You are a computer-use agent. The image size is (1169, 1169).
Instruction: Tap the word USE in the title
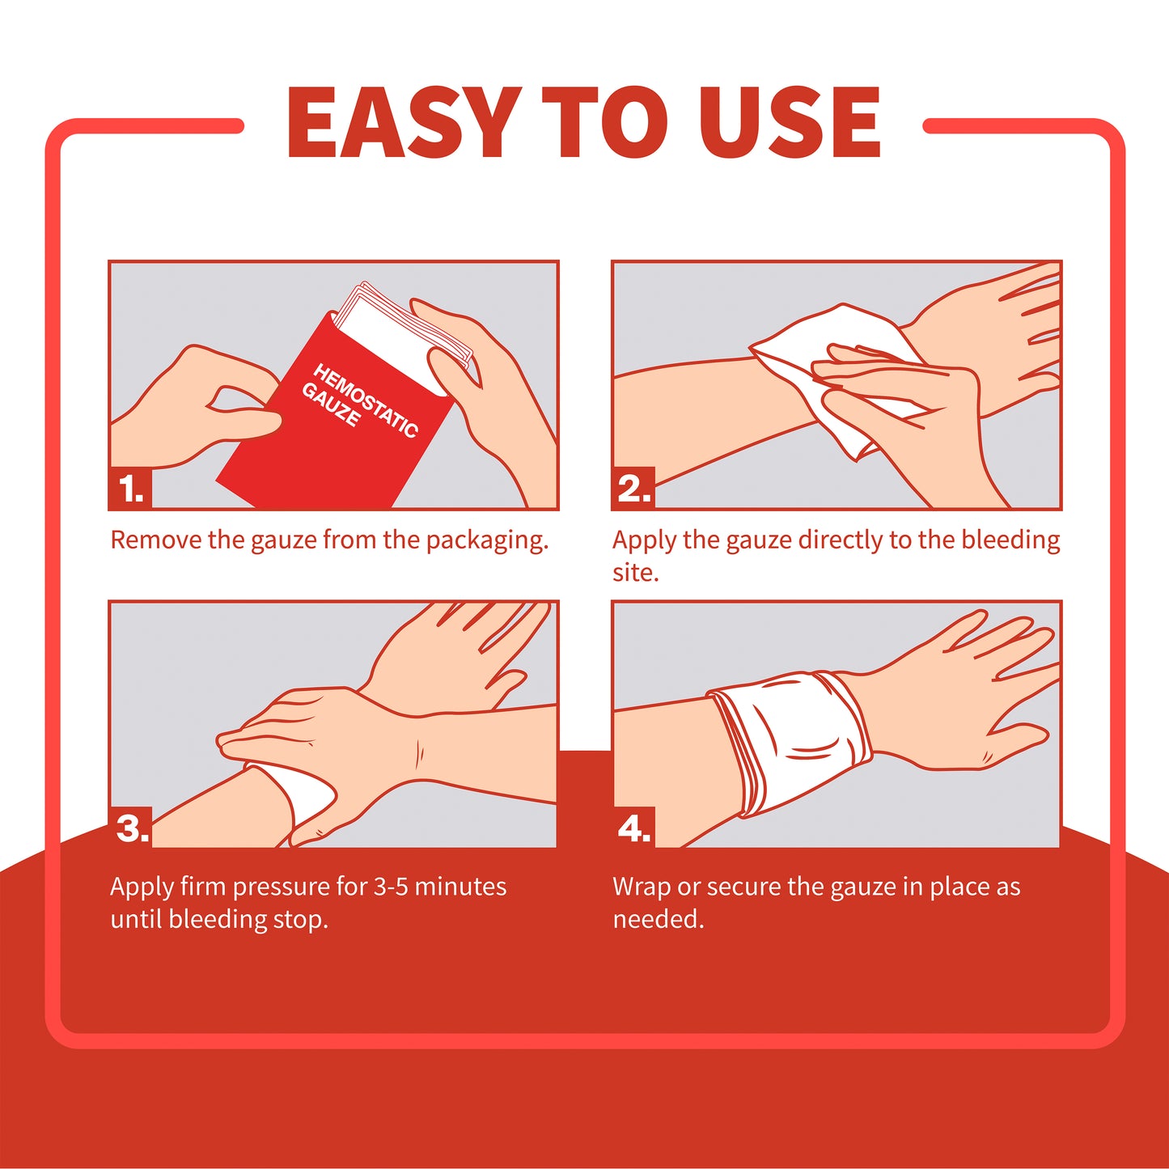[x=790, y=123]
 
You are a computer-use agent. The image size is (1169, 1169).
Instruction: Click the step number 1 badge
[x=130, y=489]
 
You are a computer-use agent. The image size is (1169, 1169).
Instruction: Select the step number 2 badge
[x=633, y=489]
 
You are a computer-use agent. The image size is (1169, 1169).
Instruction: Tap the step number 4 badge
[x=633, y=828]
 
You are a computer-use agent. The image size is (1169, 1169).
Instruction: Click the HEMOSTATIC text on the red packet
[x=366, y=400]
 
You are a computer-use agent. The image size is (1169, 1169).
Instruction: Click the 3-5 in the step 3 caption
[x=390, y=887]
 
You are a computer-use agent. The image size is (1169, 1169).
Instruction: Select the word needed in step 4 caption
[x=657, y=920]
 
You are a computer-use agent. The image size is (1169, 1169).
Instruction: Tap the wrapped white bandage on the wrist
[x=789, y=740]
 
